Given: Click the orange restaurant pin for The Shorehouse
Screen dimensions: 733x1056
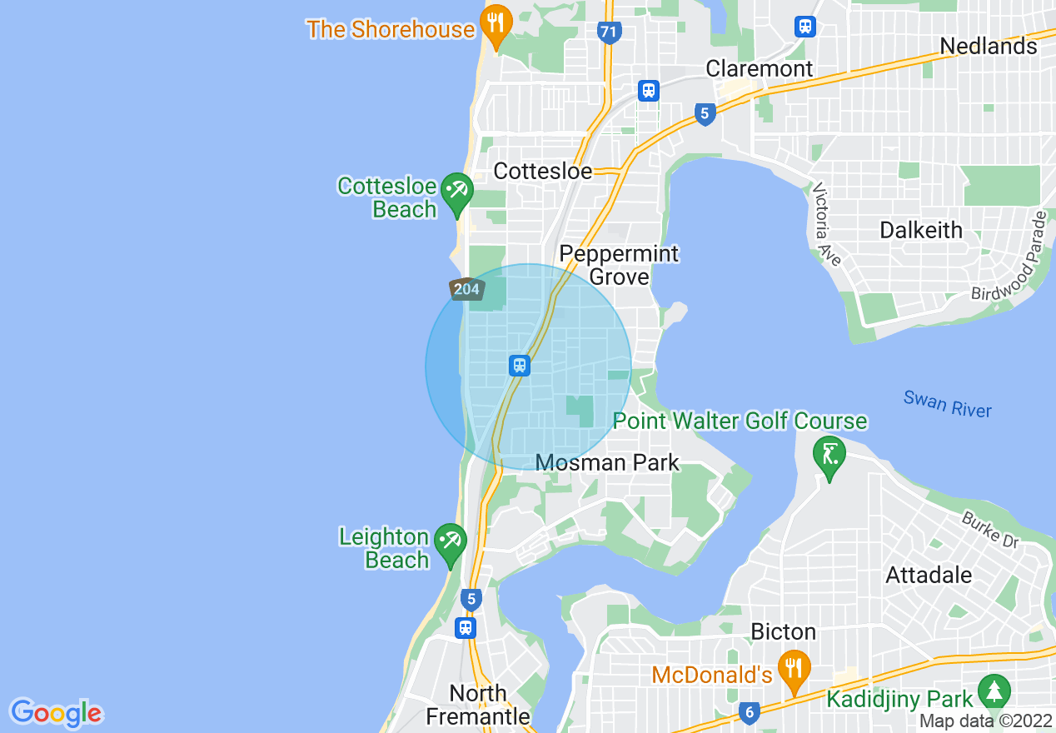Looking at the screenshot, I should pos(496,26).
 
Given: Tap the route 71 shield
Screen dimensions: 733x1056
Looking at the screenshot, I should pos(609,32).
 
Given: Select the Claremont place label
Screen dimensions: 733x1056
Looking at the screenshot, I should pos(759,68).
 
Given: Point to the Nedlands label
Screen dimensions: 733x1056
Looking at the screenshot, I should pos(989,46).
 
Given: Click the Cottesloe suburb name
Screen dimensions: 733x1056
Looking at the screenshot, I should pos(542,172).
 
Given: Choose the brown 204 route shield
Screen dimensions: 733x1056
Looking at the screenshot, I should pos(467,289).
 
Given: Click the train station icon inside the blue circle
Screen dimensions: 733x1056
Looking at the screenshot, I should pos(520,365).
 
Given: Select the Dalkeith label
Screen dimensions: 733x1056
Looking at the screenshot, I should pos(921,230).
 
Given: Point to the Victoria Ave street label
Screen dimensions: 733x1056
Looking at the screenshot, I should pos(829,224).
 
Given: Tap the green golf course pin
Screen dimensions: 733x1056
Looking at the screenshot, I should pos(829,456).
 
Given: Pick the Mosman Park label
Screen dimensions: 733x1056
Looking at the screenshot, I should pos(607,462).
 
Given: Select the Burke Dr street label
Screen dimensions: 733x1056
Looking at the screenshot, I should pos(990,530).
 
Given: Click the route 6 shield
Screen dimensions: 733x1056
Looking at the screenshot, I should pos(748,712).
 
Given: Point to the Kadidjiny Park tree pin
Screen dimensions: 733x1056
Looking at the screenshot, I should pos(993,692).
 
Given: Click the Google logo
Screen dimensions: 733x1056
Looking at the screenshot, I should pos(56,713).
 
